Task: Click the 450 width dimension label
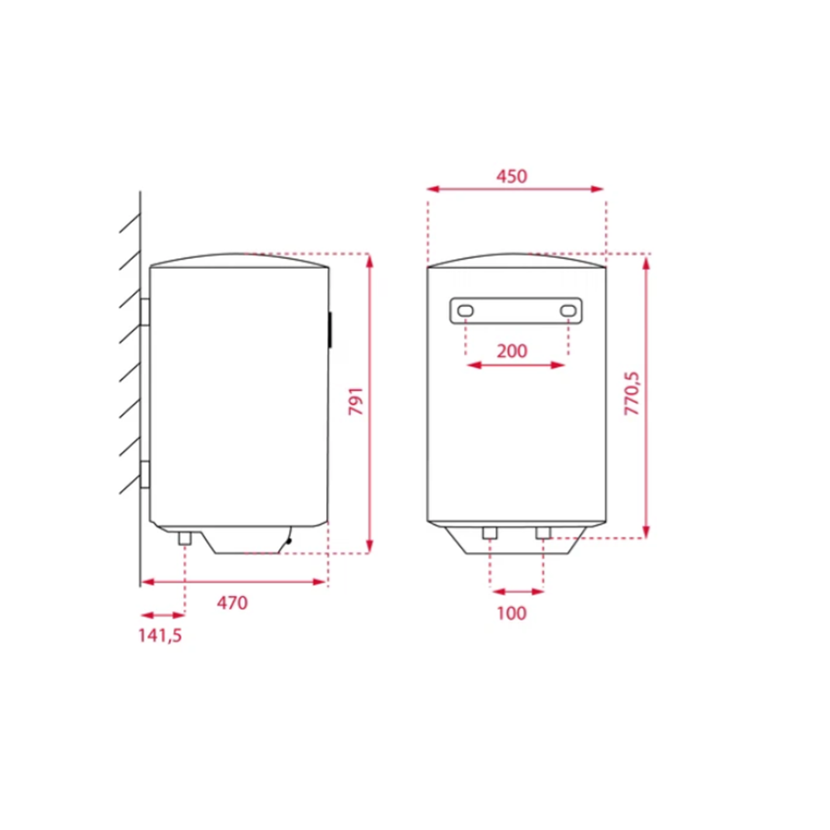[x=511, y=176]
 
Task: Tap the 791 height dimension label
[x=356, y=401]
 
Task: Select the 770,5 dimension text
[x=632, y=393]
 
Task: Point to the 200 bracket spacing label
[x=512, y=351]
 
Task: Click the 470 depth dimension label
[x=232, y=603]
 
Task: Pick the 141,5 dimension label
[x=160, y=636]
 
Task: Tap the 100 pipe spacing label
[x=512, y=613]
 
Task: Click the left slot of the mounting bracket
[x=466, y=310]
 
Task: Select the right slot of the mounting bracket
[x=568, y=310]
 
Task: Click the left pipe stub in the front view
[x=490, y=533]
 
